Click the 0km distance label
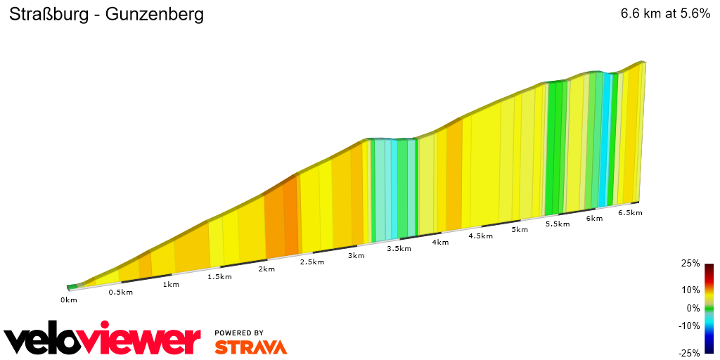click(x=68, y=300)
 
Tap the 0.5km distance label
click(x=120, y=292)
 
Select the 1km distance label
click(x=171, y=285)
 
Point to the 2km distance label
click(x=266, y=269)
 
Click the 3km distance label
click(x=356, y=256)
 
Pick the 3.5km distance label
click(x=399, y=249)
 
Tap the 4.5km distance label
click(x=480, y=236)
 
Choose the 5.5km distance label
click(x=557, y=224)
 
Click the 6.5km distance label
click(x=630, y=213)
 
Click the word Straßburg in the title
click(x=49, y=15)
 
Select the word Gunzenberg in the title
click(x=155, y=15)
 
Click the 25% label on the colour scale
click(x=690, y=264)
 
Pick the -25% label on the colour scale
click(x=689, y=353)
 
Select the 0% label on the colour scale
click(x=693, y=308)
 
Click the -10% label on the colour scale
click(x=689, y=326)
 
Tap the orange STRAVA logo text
click(x=250, y=347)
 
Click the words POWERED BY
click(x=239, y=333)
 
